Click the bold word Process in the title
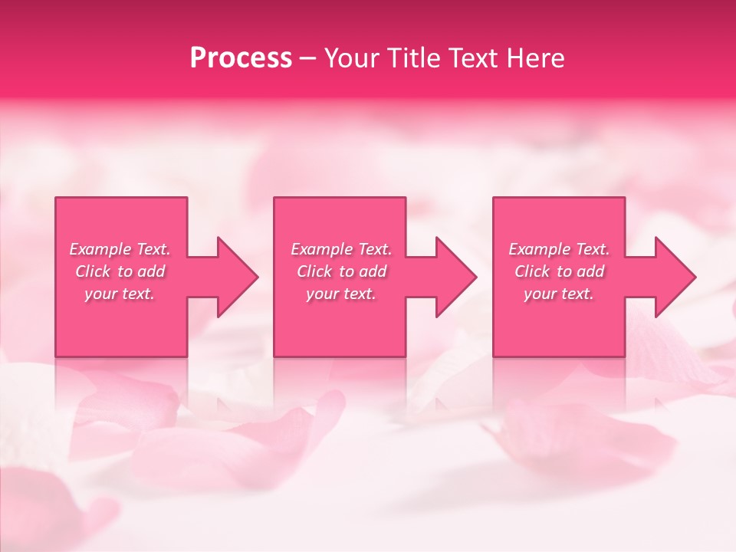(241, 58)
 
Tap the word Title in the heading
(409, 58)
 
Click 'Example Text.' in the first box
(120, 249)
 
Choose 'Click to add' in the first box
(120, 271)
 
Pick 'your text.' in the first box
(120, 294)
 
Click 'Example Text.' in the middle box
(341, 249)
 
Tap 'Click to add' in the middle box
(341, 271)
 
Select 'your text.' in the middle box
(341, 294)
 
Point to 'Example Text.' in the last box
(559, 249)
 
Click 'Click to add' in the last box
(559, 271)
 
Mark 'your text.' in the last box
(559, 294)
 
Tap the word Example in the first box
(100, 249)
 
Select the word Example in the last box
(539, 249)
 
